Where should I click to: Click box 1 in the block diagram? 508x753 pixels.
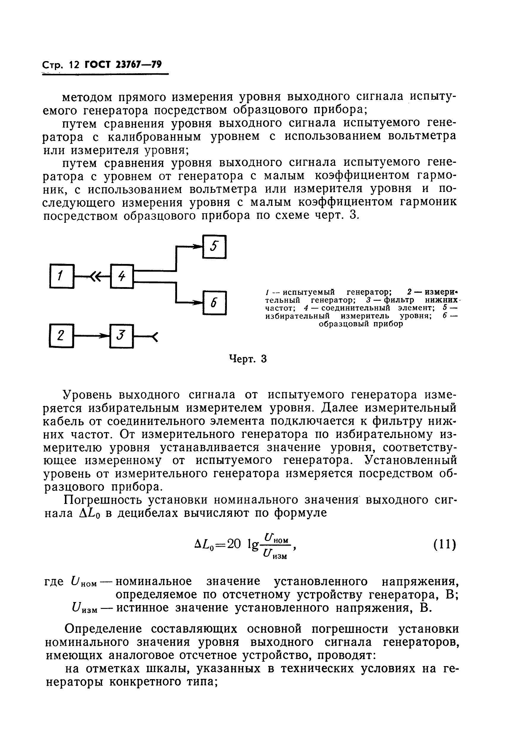(62, 276)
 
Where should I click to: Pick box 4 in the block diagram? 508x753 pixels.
(122, 276)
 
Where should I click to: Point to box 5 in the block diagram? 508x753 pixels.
(214, 247)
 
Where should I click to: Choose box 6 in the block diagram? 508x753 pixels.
(214, 303)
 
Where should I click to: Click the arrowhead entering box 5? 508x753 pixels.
(197, 247)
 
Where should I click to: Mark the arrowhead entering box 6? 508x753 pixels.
(197, 303)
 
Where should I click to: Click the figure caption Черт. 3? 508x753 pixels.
(248, 359)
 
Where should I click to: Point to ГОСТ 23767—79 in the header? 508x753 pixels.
(123, 65)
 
